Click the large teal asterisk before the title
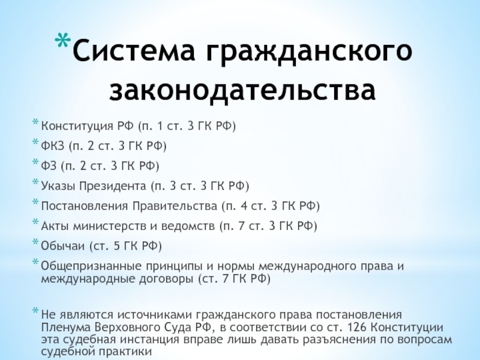[x=63, y=39]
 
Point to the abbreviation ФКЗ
[x=53, y=146]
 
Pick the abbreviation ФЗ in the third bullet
[x=49, y=166]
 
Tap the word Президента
[x=113, y=186]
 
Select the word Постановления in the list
[x=85, y=206]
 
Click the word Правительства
[x=175, y=206]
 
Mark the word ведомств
[x=188, y=226]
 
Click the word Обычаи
[x=63, y=246]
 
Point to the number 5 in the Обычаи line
[x=116, y=246]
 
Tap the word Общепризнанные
[x=91, y=266]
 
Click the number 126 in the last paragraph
[x=357, y=328]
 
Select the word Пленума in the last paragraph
[x=65, y=328]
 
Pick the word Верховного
[x=125, y=328]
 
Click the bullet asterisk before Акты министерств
[x=35, y=222]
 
